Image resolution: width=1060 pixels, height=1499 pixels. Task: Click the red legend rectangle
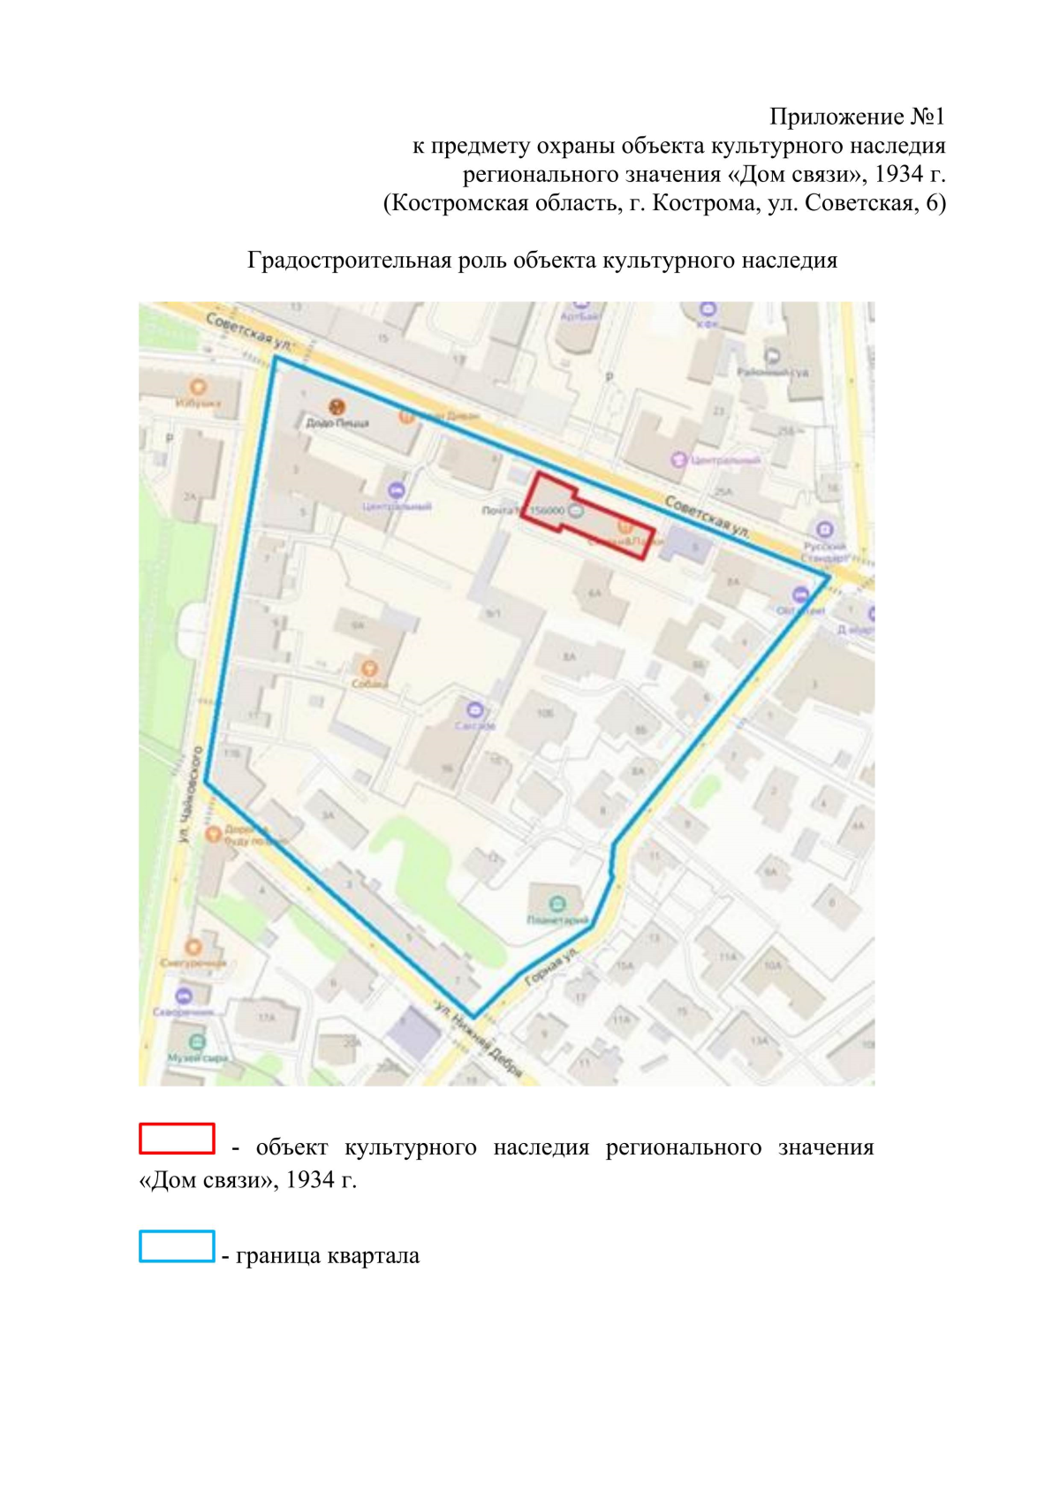(x=177, y=1138)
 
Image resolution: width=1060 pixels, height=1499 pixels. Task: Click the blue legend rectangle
(x=177, y=1245)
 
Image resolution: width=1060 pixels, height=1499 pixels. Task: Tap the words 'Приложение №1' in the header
(x=857, y=117)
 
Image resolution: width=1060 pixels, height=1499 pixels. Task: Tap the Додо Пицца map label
(x=337, y=422)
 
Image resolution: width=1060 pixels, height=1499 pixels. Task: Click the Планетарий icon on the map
(x=556, y=904)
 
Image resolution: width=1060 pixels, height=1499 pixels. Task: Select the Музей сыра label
(x=198, y=1057)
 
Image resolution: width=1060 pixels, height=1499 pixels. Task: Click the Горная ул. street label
(x=552, y=967)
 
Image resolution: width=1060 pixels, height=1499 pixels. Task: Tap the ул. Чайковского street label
(x=191, y=794)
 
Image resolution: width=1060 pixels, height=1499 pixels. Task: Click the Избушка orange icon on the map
(x=198, y=387)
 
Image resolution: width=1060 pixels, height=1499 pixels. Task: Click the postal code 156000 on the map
(x=547, y=511)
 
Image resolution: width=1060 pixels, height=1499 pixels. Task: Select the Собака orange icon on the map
(x=369, y=668)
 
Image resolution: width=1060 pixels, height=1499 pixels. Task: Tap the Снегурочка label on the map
(x=193, y=963)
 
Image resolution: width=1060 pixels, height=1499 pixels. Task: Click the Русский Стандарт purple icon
(x=824, y=529)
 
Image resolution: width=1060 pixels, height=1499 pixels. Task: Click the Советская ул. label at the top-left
(x=248, y=329)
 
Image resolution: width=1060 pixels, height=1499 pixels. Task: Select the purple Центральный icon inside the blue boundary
(x=397, y=490)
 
